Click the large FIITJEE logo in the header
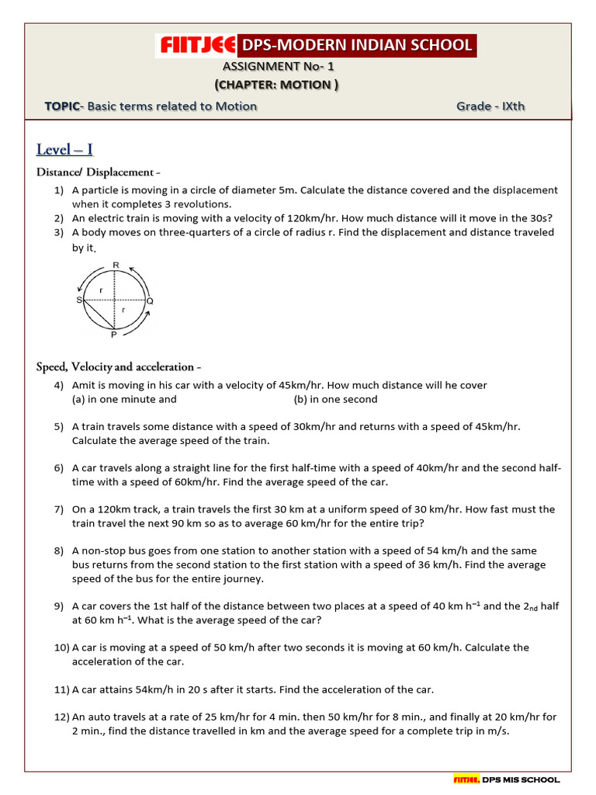(x=196, y=46)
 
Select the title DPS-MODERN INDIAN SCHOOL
(x=357, y=46)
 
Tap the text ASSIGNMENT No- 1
(x=278, y=67)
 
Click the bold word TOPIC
(x=62, y=106)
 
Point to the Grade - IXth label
(x=490, y=106)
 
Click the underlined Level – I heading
(x=64, y=149)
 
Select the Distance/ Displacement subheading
(x=99, y=172)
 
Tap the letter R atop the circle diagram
(x=116, y=266)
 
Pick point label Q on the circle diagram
(x=150, y=300)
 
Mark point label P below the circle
(x=114, y=335)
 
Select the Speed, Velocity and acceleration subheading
(x=120, y=366)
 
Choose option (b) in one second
(x=335, y=399)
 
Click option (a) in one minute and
(x=124, y=399)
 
